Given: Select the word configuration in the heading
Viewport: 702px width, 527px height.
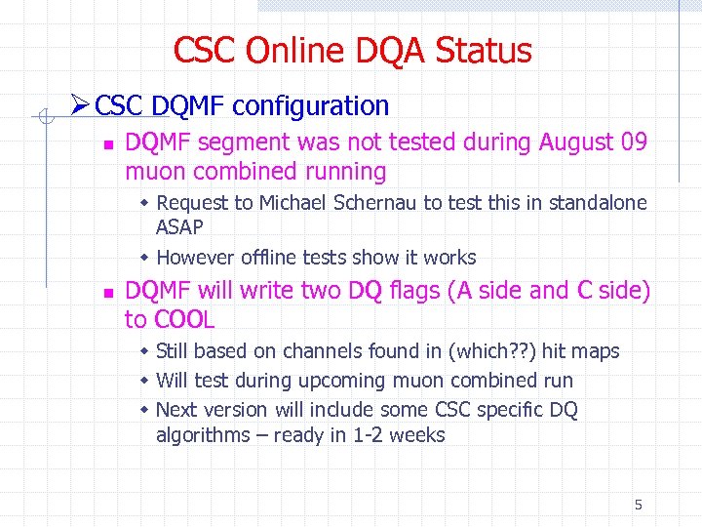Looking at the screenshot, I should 311,105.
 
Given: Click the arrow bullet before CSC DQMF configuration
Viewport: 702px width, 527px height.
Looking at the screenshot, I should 82,105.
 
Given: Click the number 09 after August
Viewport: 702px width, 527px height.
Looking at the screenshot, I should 634,142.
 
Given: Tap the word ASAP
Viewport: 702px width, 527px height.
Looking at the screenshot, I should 179,227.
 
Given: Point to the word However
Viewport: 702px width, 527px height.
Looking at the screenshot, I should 193,258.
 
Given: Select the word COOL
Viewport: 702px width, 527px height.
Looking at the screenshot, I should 184,320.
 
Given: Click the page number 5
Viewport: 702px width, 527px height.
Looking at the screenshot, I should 638,505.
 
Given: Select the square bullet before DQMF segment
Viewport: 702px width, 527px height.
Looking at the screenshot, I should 108,144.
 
